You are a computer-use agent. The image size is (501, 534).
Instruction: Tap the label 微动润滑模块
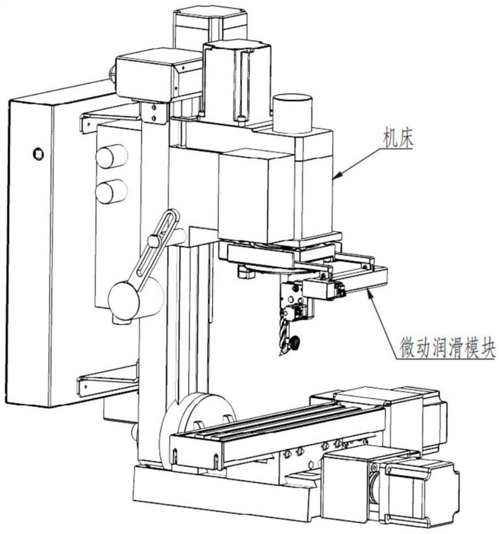447,348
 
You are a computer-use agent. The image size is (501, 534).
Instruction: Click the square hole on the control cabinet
38,154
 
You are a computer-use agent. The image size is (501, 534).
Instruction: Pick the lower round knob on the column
112,191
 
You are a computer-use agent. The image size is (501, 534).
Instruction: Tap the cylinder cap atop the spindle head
292,113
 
